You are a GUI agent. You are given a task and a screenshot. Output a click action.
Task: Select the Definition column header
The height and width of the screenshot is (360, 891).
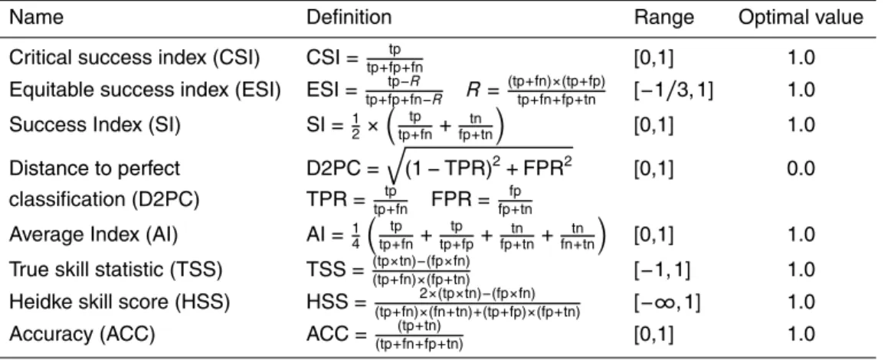point(349,17)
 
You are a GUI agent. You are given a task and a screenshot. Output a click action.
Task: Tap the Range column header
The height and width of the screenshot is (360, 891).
point(663,17)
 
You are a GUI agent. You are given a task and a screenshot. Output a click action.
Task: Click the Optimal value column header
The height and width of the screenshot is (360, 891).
point(800,17)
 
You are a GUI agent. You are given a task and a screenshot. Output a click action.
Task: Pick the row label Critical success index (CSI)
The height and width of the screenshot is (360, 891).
point(135,58)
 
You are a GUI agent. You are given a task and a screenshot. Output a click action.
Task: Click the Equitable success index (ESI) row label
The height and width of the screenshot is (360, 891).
point(145,91)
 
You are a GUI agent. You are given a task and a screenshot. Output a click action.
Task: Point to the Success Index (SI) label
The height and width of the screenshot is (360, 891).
point(94,125)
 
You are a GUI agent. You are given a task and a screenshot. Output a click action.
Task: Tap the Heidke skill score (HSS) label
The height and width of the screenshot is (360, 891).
point(120,303)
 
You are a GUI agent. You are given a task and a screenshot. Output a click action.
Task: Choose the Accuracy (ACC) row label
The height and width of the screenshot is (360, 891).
point(82,335)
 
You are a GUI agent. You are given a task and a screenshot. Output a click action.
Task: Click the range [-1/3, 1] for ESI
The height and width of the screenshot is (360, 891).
point(673,91)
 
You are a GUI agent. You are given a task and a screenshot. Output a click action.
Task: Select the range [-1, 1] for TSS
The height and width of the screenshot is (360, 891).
point(661,270)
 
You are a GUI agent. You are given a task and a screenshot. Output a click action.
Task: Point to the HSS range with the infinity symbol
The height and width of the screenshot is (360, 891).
point(667,303)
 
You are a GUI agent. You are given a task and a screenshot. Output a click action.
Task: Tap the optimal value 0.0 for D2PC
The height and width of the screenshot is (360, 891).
point(801,169)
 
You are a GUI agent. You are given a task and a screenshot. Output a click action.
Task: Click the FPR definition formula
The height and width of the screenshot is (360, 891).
point(481,201)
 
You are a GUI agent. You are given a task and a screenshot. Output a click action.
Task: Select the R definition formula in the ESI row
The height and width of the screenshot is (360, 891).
point(536,91)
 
